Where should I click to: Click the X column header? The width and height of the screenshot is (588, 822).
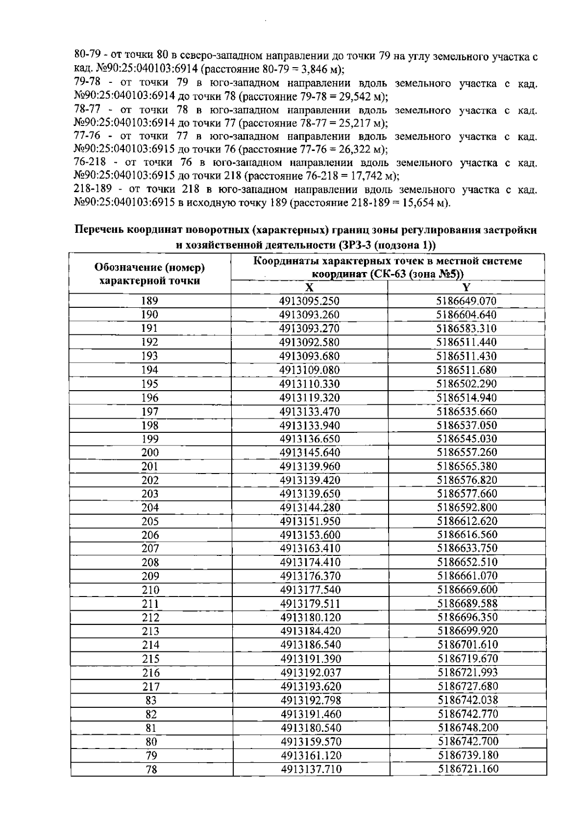pos(309,288)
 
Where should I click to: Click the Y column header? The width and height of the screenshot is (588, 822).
pos(466,288)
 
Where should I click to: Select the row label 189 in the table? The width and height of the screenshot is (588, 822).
pos(149,301)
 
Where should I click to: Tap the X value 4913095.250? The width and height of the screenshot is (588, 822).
pos(309,301)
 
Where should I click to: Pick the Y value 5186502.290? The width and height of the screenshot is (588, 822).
pos(466,384)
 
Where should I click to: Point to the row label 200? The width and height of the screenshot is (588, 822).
pos(150,452)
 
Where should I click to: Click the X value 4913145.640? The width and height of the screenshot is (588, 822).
pos(310,452)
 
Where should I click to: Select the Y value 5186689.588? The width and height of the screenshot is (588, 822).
pos(467,603)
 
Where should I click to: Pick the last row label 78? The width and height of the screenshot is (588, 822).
pos(151,770)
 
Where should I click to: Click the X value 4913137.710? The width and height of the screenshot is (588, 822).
pos(311,769)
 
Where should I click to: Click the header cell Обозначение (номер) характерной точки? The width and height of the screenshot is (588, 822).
pos(149,274)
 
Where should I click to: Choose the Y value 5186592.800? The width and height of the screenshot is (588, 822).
pos(466,507)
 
